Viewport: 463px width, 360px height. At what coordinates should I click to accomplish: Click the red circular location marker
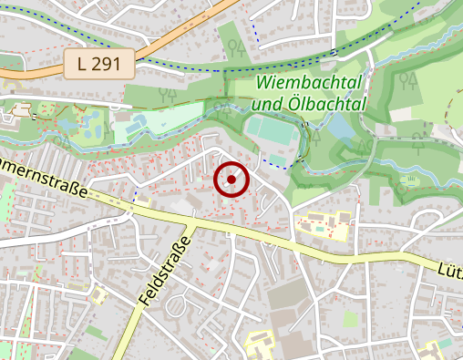pos(231,180)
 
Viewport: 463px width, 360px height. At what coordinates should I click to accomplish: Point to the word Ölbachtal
pos(326,104)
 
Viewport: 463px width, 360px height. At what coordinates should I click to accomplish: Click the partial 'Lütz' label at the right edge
pos(450,270)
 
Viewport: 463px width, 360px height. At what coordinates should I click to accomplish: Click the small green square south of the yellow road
pos(351,318)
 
